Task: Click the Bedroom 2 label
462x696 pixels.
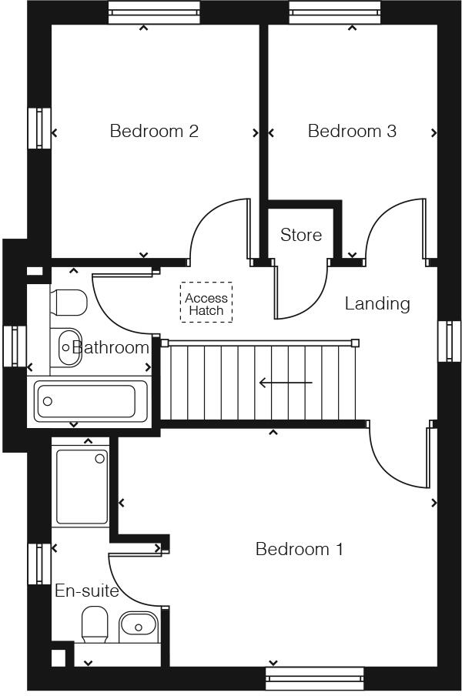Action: click(x=154, y=131)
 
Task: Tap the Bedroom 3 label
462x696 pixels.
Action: click(x=352, y=131)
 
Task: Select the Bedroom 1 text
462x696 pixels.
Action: click(x=299, y=549)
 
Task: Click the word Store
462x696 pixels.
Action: click(x=301, y=235)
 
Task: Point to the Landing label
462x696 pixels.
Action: click(x=377, y=303)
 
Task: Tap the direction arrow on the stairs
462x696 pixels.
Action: click(x=286, y=383)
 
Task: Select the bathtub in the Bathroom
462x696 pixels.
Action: click(x=85, y=401)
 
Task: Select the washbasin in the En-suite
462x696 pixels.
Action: click(x=139, y=624)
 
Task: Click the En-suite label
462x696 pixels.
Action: click(x=86, y=591)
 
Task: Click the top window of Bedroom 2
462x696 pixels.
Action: click(x=154, y=12)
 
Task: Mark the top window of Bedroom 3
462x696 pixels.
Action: click(x=335, y=12)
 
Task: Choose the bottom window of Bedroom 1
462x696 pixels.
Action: click(x=314, y=678)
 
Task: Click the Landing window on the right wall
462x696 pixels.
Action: click(x=449, y=341)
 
